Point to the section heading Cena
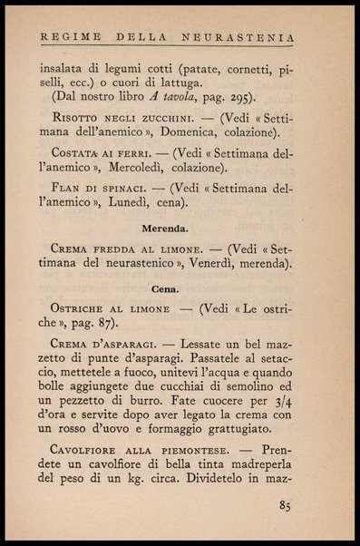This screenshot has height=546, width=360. pos(163,288)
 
